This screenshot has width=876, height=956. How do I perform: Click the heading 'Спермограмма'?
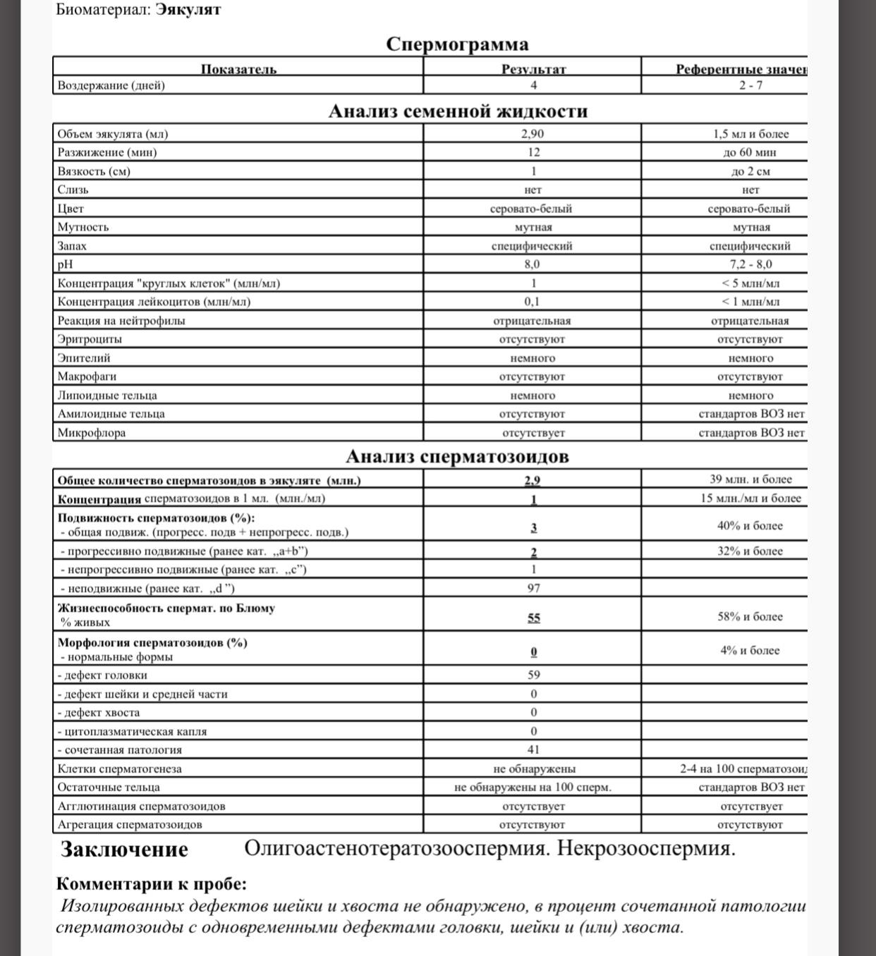click(x=457, y=44)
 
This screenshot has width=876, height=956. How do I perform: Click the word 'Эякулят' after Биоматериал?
click(x=188, y=10)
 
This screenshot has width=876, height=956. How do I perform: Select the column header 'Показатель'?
click(x=238, y=69)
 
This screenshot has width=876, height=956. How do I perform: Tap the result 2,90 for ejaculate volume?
click(x=533, y=134)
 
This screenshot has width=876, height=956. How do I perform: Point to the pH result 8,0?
click(x=533, y=264)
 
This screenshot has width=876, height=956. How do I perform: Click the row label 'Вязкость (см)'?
click(x=94, y=171)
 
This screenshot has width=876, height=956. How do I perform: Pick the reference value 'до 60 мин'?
click(x=750, y=152)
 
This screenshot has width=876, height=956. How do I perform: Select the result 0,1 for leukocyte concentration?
click(x=533, y=302)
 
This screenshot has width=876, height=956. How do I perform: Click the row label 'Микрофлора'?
click(x=92, y=433)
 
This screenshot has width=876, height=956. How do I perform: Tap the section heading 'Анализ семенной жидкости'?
click(x=458, y=111)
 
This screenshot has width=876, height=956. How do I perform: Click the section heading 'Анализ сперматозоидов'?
click(x=457, y=457)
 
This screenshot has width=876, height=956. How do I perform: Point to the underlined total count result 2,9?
click(x=533, y=481)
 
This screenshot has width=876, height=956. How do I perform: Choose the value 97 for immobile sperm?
click(x=533, y=588)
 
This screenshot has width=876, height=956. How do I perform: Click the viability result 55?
click(x=533, y=618)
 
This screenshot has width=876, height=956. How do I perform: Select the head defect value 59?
click(x=533, y=675)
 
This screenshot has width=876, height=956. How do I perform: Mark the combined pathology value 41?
click(x=533, y=750)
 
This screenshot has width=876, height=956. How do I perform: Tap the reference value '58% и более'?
click(x=750, y=617)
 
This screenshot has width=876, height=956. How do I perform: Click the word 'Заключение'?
click(x=124, y=850)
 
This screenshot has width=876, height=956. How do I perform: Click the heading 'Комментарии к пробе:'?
click(x=152, y=884)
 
